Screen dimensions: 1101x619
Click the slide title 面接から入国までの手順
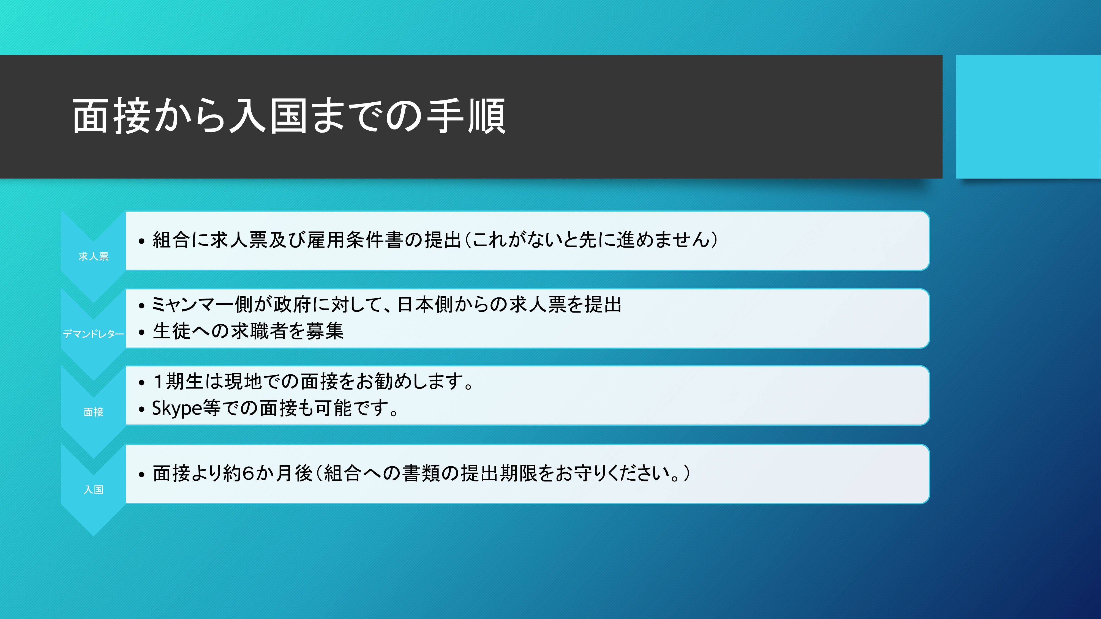click(289, 116)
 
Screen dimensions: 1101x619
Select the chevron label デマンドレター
click(94, 334)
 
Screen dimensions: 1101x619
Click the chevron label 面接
click(94, 412)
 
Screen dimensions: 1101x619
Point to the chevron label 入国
click(94, 490)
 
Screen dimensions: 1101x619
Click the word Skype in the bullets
click(177, 408)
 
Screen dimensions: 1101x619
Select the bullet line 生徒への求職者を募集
click(248, 331)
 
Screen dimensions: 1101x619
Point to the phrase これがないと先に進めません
click(591, 240)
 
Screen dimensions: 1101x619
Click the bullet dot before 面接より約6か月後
click(141, 475)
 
